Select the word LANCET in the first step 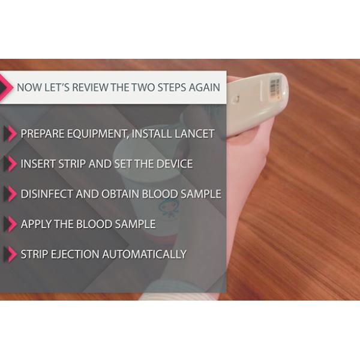click(x=194, y=134)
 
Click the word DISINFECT click(x=47, y=194)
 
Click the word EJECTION click(x=75, y=254)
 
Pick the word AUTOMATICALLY click(x=144, y=254)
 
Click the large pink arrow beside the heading click(x=7, y=88)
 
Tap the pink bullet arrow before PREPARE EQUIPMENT click(x=11, y=134)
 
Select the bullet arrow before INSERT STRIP click(x=11, y=164)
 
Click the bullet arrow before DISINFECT click(x=11, y=194)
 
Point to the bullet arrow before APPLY click(x=11, y=224)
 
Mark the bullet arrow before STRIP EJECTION click(x=11, y=254)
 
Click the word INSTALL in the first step click(x=151, y=134)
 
